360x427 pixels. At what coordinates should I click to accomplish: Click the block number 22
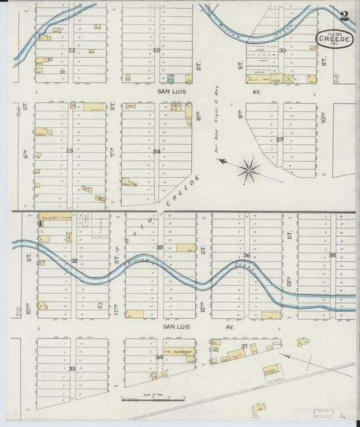pos(72,50)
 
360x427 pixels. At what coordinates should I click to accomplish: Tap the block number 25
pos(157,50)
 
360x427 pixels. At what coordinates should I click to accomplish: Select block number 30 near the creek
pos(282,50)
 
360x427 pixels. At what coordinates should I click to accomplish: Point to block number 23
pos(70,151)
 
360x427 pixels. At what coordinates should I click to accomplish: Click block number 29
pos(280,139)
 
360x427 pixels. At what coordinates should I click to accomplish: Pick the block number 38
pos(332,255)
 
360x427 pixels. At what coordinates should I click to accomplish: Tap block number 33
pos(72,369)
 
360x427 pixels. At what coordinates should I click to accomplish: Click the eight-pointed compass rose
pos(249,170)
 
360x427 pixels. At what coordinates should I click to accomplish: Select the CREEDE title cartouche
pos(329,41)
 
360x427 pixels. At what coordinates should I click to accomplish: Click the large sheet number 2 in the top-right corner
pos(344,16)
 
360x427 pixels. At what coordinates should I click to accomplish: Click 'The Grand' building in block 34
pos(180,352)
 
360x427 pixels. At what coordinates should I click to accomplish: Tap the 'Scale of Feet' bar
pos(154,400)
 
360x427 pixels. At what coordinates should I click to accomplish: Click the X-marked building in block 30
pos(290,79)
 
